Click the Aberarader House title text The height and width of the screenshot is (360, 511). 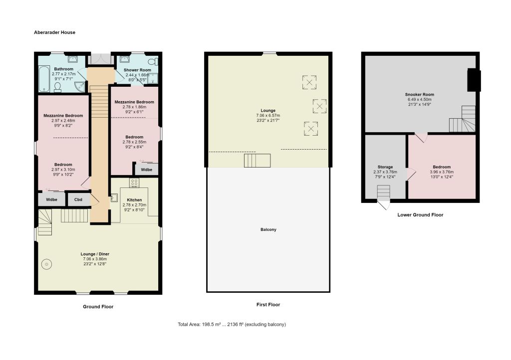tap(54, 32)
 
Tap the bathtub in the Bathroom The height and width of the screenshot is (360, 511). tap(44, 79)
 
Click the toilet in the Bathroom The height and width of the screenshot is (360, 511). tap(57, 87)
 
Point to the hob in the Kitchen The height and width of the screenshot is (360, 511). tap(134, 182)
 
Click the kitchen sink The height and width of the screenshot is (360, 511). tap(114, 197)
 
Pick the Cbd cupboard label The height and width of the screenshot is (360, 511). tap(78, 199)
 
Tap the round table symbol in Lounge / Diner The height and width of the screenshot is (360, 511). tap(46, 264)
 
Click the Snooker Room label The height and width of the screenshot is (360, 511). tap(419, 94)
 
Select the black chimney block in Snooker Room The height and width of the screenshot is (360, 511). tap(474, 80)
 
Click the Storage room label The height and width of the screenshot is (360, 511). tap(385, 167)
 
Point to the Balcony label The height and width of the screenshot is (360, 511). tap(268, 229)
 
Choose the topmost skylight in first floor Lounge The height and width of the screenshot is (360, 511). tap(309, 82)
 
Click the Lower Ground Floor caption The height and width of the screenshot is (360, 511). tap(420, 215)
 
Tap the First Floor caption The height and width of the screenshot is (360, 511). tap(268, 305)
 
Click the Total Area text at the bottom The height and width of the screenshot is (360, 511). tap(232, 324)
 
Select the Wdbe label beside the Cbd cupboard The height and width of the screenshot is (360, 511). tap(51, 199)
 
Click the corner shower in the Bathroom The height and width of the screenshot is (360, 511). tap(79, 87)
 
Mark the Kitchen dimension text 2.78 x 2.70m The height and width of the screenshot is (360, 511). tap(134, 205)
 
